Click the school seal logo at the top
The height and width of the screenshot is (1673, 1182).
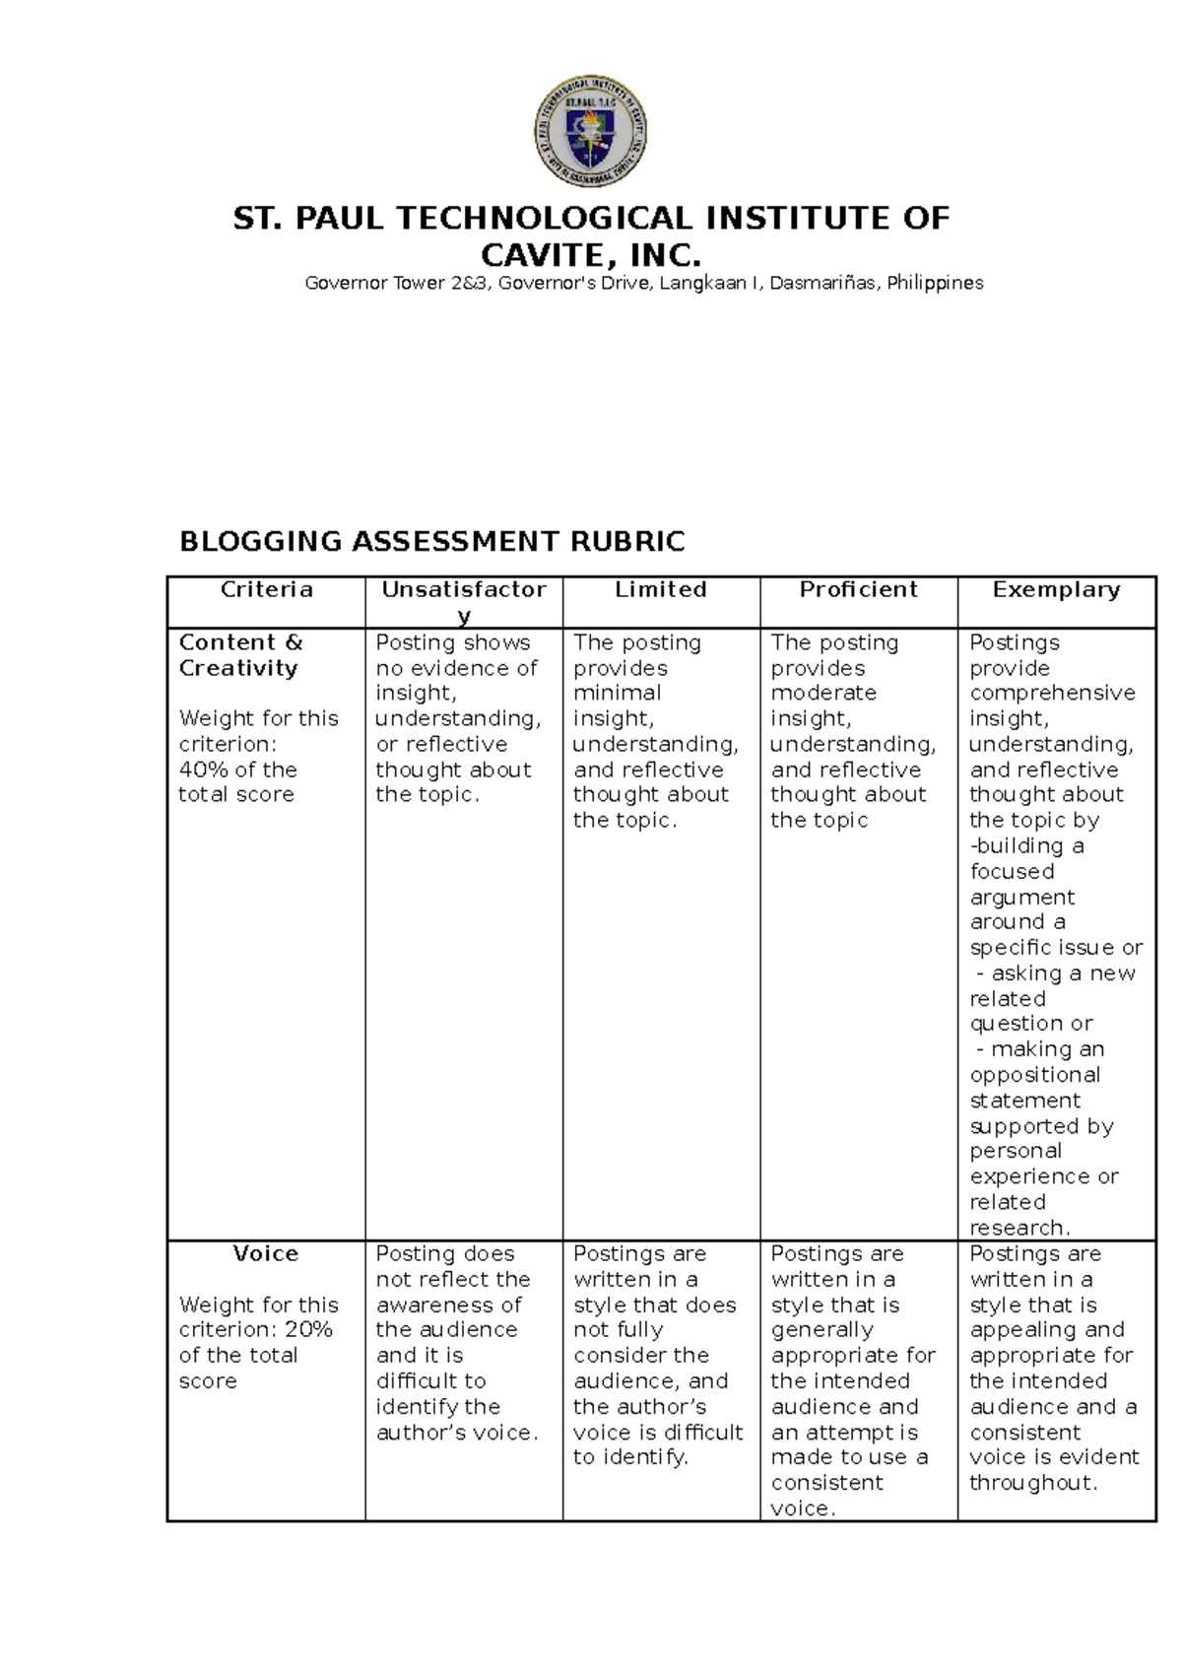[590, 131]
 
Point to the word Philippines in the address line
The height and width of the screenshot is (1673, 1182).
[935, 284]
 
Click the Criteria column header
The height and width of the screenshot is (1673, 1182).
[266, 589]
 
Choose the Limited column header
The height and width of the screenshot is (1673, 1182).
[661, 589]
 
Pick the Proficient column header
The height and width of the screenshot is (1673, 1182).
[858, 589]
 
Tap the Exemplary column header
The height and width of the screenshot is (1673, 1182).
[1056, 589]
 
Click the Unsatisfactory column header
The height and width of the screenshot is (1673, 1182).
[464, 591]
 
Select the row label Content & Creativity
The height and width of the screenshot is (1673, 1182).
[240, 655]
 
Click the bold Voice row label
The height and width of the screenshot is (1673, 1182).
[266, 1253]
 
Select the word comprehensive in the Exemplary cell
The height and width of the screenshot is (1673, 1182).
[1052, 693]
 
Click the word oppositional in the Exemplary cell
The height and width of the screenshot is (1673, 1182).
[1035, 1075]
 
